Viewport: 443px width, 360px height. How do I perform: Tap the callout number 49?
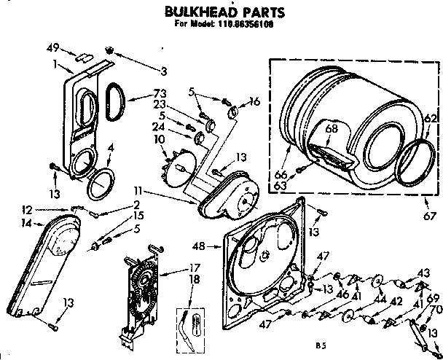coord(51,49)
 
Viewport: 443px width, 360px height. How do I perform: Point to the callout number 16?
coord(255,103)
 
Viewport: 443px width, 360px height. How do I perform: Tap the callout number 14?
coord(26,223)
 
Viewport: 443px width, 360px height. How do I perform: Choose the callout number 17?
coord(195,267)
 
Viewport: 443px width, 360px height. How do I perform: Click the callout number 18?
coord(195,279)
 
